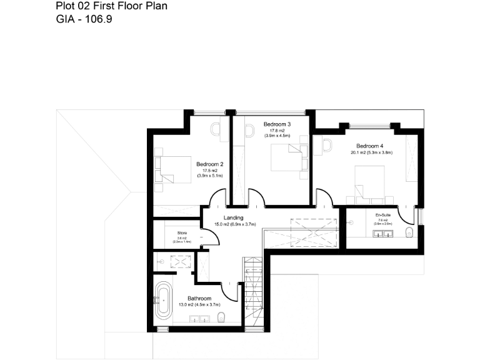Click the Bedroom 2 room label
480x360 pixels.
209,164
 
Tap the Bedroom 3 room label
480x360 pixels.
277,124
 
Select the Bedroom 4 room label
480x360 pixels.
370,146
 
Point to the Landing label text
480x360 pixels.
234,217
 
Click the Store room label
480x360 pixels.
182,232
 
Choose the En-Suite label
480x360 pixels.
382,215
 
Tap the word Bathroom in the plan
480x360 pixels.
199,299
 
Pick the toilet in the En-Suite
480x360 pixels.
409,233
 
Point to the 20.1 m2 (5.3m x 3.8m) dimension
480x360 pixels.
371,152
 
